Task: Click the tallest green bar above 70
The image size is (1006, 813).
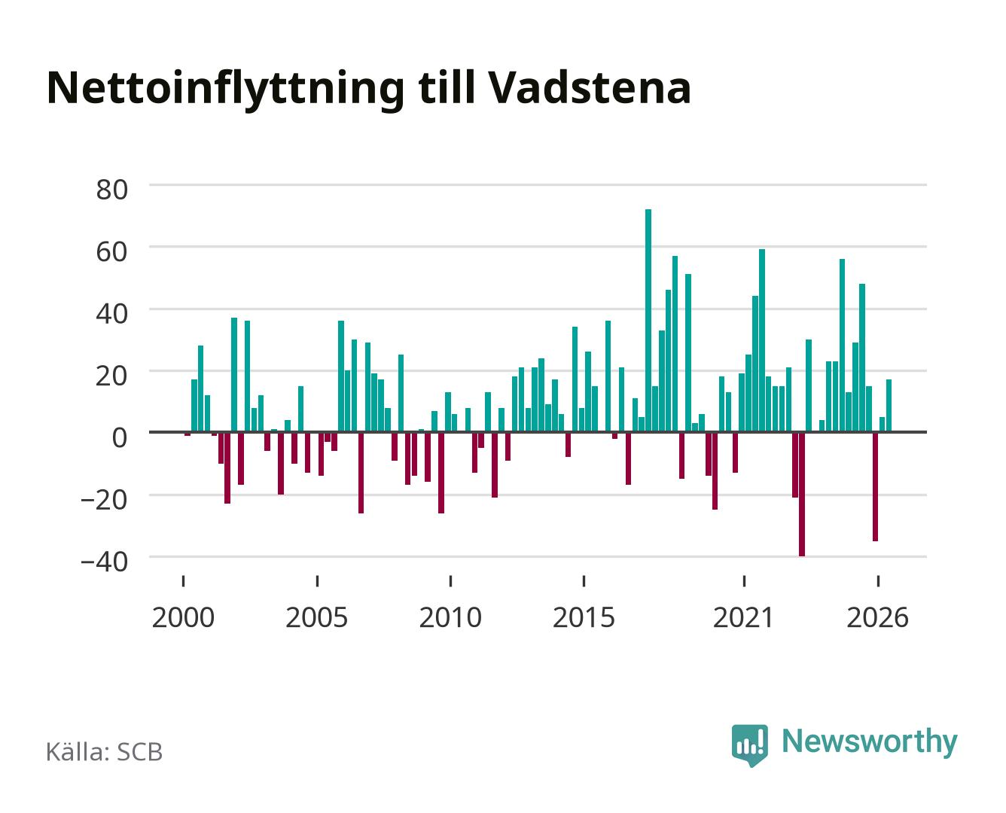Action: pos(648,320)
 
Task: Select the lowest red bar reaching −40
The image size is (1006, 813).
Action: pos(802,495)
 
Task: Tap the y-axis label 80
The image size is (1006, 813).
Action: pos(112,190)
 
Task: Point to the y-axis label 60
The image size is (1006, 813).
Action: pos(112,251)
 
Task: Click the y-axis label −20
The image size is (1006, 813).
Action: pos(105,500)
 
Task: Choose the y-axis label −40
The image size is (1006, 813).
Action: pos(105,562)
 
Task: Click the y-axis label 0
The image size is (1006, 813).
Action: pos(120,437)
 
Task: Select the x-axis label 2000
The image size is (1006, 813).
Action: pos(183,617)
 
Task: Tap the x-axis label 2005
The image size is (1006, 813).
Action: pos(317,617)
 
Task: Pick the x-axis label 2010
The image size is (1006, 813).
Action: pos(450,617)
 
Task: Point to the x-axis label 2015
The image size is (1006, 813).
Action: pos(584,617)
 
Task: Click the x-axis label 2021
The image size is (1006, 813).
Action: pos(744,617)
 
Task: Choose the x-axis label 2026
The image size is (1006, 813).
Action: pos(878,617)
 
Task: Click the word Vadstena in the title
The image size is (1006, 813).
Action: pos(590,88)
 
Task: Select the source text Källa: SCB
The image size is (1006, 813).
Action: pos(105,751)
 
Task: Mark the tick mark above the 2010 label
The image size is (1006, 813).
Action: pos(450,580)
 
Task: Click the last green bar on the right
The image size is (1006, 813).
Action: pos(889,406)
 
